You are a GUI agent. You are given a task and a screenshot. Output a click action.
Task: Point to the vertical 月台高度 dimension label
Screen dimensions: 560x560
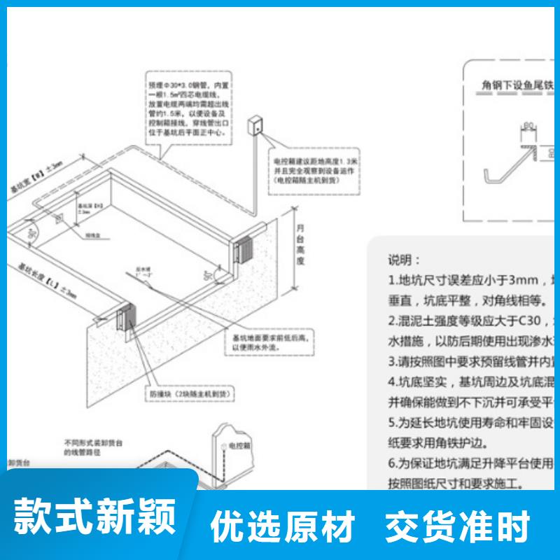point(300,244)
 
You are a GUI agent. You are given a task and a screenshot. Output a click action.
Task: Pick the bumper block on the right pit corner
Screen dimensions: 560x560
point(246,248)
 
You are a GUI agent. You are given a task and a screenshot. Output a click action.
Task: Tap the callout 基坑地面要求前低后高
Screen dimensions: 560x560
point(274,342)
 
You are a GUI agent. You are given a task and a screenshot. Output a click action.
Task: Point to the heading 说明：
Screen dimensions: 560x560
point(405,260)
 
